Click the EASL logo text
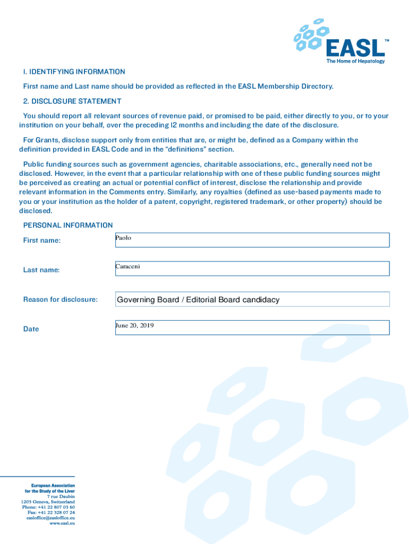(355, 48)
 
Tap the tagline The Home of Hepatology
(355, 61)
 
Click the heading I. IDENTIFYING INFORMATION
(74, 72)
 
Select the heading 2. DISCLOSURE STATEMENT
(72, 101)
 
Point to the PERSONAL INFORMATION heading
(68, 225)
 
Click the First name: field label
(42, 241)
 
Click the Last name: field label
(41, 270)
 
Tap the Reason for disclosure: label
(61, 300)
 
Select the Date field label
(31, 329)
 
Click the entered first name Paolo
(123, 238)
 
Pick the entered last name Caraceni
(127, 266)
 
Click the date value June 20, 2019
(135, 325)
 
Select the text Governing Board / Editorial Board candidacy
(198, 300)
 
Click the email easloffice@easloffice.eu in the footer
(50, 517)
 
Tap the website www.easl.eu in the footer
(62, 523)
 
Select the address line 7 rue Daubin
(62, 496)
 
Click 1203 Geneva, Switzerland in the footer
(48, 501)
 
